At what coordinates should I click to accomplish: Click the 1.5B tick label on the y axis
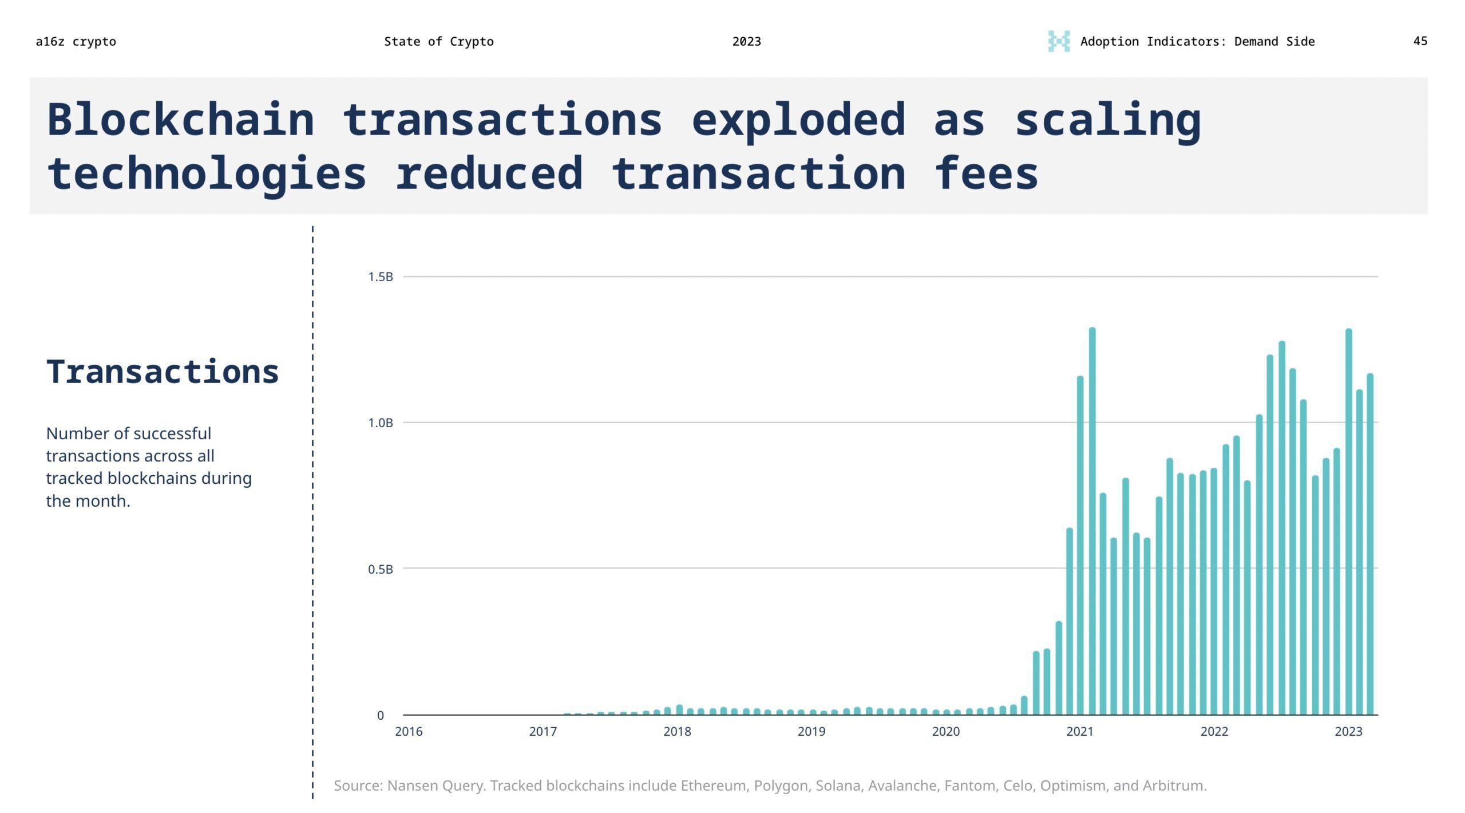381,277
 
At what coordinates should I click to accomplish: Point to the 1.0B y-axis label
381,423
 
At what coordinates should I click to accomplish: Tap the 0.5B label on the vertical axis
381,569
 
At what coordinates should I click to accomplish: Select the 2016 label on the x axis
409,732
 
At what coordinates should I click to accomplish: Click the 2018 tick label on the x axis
677,732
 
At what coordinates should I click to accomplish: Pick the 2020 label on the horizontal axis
945,732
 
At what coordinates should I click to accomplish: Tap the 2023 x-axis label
1348,732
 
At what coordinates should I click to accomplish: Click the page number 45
1420,41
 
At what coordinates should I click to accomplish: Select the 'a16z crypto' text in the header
76,41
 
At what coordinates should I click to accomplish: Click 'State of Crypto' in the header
438,41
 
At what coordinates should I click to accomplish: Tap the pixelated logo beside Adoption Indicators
1059,41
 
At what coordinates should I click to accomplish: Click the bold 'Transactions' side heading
163,372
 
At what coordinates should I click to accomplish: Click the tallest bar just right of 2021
1092,521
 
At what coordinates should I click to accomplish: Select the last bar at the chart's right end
1370,544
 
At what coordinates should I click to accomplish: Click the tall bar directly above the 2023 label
1348,521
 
